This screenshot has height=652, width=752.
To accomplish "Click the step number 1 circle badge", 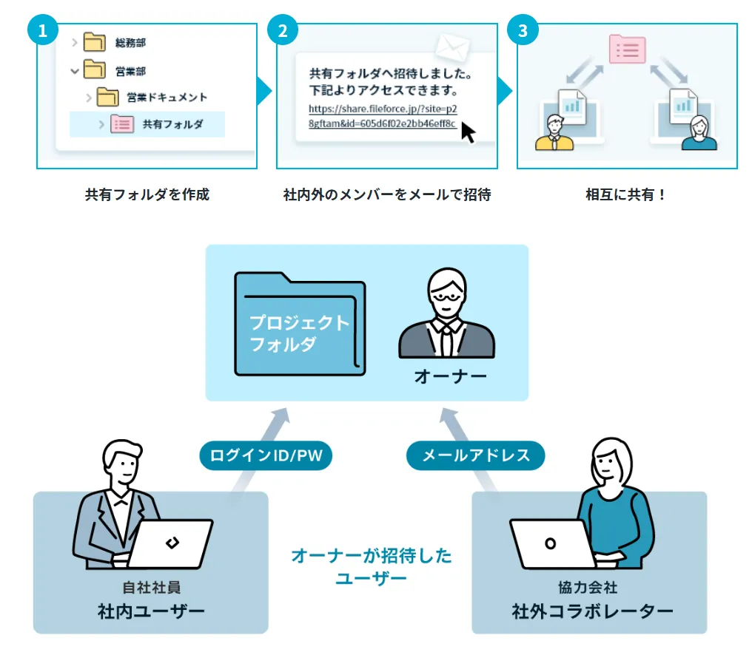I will [42, 30].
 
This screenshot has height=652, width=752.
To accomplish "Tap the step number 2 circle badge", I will [283, 30].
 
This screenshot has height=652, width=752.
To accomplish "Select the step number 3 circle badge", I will [523, 30].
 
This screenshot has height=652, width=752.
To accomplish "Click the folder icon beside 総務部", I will [94, 42].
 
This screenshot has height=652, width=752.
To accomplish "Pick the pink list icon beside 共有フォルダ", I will [121, 124].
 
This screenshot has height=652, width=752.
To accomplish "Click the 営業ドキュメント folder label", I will [167, 97].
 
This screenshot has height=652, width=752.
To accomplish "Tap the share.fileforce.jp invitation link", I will [383, 115].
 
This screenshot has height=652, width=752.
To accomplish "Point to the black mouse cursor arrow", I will [468, 132].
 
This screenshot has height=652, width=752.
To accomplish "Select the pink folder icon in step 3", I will [627, 49].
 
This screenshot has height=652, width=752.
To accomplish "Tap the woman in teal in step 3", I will [698, 133].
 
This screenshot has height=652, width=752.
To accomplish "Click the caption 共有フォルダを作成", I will [147, 195].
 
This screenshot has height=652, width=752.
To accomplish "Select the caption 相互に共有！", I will [626, 195].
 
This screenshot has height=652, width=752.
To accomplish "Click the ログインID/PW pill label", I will [266, 455].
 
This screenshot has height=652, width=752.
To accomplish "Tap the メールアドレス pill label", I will [476, 455].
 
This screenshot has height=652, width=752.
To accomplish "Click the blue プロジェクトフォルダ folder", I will [300, 325].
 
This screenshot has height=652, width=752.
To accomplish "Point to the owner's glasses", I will [446, 296].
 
